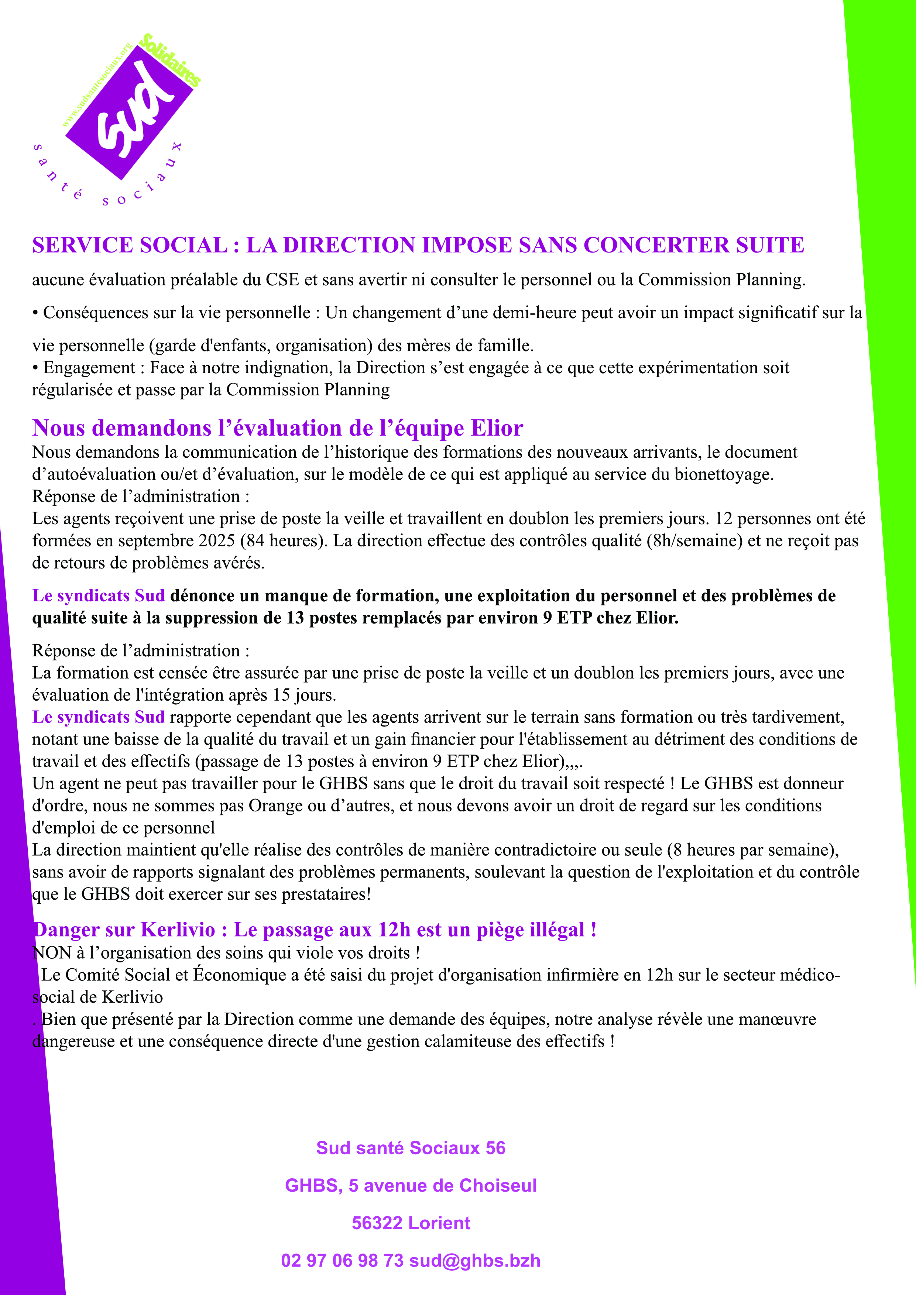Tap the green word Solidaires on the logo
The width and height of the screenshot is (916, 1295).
point(170,60)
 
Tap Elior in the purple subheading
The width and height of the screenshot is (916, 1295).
point(497,428)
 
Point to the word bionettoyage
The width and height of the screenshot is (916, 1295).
point(724,474)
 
